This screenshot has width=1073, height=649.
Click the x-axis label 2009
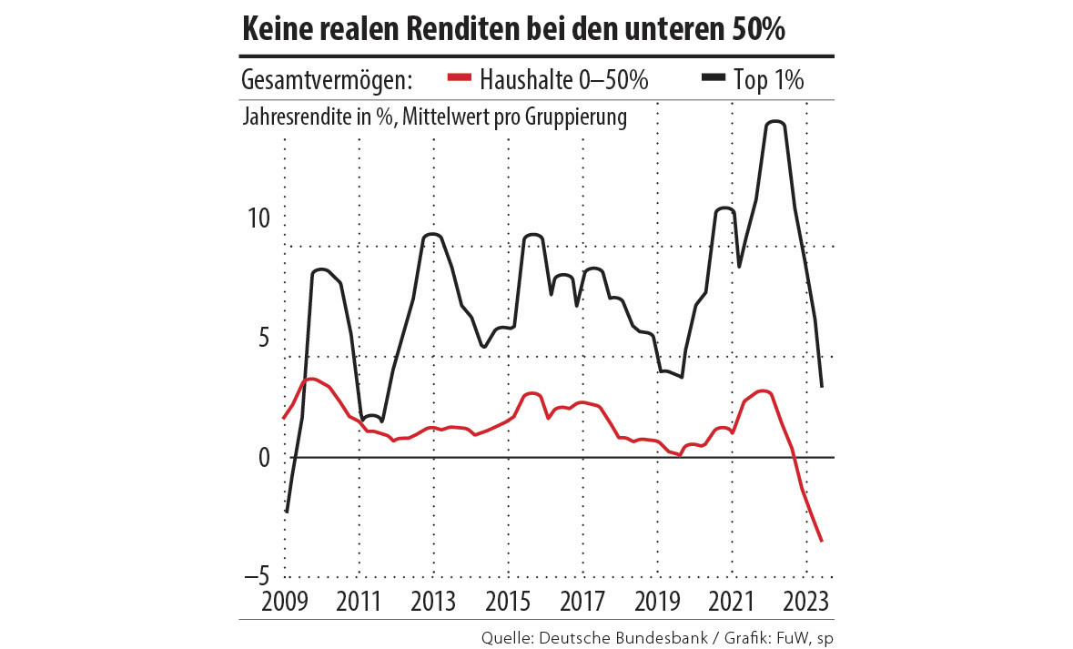pos(284,602)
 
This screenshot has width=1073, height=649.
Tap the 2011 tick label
pos(359,602)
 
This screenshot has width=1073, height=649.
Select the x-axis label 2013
pos(433,602)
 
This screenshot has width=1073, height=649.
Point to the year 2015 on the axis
pos(509,602)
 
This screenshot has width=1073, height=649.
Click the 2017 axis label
pos(583,602)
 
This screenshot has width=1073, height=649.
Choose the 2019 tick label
pos(658,602)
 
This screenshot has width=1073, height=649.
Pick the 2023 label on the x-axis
pos(805,602)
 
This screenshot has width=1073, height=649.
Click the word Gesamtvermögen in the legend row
pos(327,80)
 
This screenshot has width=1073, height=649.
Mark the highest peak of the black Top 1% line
pos(775,122)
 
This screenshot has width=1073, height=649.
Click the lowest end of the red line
pos(822,542)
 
